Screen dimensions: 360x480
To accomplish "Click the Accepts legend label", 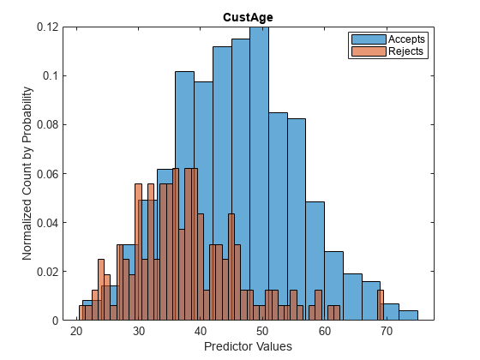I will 406,39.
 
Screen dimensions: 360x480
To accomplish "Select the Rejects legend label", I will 406,51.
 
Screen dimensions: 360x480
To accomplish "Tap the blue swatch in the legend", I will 368,39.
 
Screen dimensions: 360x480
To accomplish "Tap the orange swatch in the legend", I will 368,51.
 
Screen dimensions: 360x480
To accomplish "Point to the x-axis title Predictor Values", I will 248,346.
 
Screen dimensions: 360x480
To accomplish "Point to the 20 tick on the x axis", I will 77,331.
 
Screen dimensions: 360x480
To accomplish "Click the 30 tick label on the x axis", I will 139,331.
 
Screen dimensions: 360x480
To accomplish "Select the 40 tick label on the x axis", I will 201,331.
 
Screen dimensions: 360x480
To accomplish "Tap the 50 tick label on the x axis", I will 263,331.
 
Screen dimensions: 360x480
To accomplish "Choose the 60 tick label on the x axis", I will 325,331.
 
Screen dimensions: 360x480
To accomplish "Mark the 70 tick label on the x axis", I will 387,331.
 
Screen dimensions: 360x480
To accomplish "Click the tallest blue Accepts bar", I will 259,171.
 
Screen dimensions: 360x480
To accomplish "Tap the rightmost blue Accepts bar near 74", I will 408,315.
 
